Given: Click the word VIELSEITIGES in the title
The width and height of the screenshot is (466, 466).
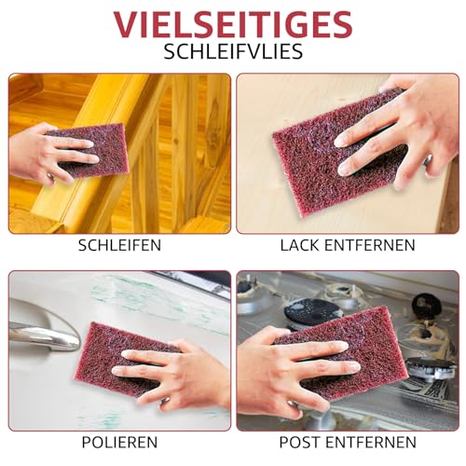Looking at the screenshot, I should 233,22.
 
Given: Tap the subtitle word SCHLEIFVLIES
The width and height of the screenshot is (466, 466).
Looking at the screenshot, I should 233,50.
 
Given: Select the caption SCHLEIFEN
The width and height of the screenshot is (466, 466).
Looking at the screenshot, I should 118,246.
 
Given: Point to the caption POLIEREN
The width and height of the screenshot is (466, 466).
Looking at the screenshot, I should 118,441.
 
